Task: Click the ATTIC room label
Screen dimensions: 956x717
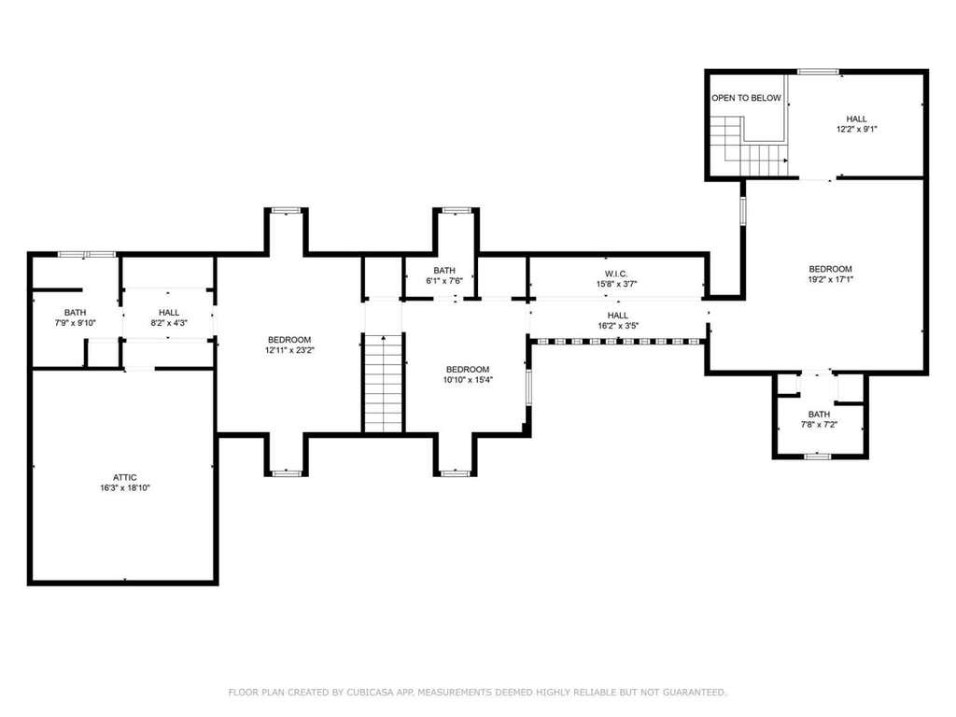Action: (124, 477)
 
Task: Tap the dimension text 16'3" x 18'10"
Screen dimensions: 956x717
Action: (125, 487)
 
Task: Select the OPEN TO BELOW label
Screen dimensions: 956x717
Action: (746, 97)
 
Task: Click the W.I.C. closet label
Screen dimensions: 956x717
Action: (616, 274)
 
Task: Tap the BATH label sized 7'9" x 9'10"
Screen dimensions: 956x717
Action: (75, 313)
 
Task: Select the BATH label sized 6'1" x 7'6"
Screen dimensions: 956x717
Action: (444, 271)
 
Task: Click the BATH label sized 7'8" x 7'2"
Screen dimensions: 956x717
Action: (819, 414)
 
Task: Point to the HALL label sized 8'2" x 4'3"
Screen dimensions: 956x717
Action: (169, 313)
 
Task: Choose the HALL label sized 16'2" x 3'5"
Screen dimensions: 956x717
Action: (618, 316)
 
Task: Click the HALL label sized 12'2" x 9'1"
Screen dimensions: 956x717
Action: (856, 119)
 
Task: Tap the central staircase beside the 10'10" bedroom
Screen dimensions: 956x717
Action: (384, 383)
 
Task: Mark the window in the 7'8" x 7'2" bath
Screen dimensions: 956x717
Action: (817, 456)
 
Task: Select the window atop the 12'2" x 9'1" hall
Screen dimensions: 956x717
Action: (818, 72)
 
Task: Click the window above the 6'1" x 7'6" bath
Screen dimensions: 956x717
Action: (456, 210)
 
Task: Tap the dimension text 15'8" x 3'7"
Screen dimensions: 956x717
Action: (616, 284)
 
